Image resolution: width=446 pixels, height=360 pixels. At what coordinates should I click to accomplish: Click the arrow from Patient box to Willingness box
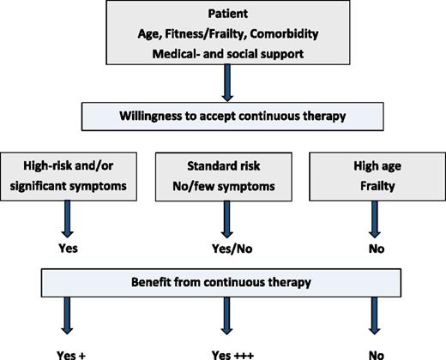pyautogui.click(x=224, y=85)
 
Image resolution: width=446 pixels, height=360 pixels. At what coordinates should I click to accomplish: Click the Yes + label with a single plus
pyautogui.click(x=69, y=351)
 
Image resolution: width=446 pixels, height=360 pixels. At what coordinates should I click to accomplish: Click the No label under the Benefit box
pyautogui.click(x=374, y=351)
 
